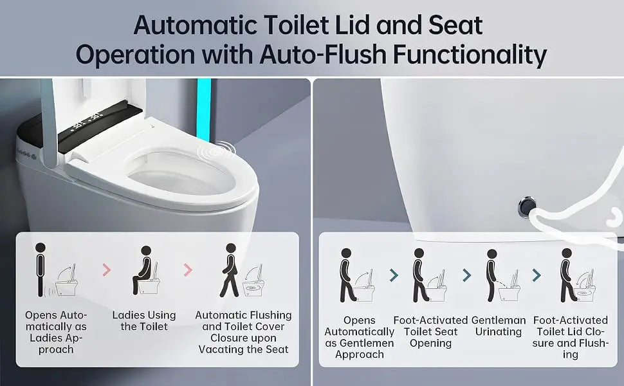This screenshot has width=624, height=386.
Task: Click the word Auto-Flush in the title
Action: coord(322,54)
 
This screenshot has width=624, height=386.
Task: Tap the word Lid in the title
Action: coord(352,25)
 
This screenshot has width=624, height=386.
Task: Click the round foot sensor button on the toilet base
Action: coord(527,207)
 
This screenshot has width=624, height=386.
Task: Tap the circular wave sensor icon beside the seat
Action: coord(217,151)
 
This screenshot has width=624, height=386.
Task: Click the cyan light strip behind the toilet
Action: coord(204,109)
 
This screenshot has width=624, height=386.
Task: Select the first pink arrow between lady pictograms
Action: coord(106,270)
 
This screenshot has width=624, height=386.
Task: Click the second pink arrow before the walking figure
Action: coord(188,270)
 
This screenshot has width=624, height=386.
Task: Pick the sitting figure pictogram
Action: coord(142,270)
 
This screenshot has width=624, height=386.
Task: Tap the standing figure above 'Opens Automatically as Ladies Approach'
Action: coord(40,270)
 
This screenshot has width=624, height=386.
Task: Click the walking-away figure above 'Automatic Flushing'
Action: coord(230,270)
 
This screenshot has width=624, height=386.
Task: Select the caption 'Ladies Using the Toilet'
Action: coord(144,321)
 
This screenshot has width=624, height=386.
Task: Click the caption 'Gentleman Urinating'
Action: coord(499,326)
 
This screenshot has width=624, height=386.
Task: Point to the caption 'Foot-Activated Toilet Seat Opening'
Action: coord(430,331)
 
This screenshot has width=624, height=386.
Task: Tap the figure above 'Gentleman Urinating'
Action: coord(491,275)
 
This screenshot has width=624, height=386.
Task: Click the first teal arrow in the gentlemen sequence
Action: coord(394,275)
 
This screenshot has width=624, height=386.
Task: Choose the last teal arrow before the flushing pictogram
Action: coord(537,275)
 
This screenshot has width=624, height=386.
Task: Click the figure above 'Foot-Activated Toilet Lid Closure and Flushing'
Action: coord(567,275)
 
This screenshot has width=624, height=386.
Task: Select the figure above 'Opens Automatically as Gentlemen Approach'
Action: coord(347,275)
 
